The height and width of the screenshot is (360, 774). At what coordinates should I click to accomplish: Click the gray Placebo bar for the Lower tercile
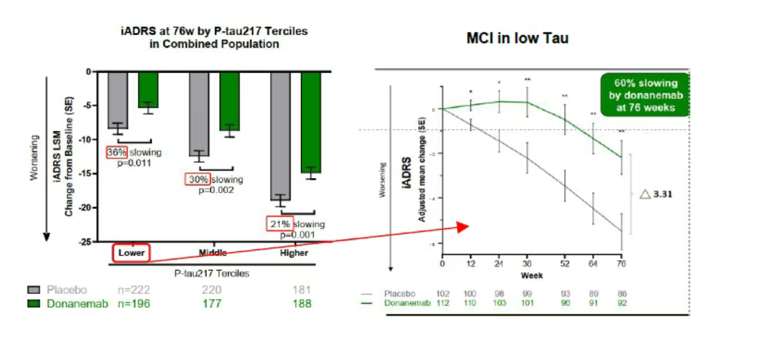pos(118,99)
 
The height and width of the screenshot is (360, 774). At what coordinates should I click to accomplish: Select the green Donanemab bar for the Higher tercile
pos(311,122)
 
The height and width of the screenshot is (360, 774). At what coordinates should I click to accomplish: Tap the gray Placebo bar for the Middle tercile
pos(200,113)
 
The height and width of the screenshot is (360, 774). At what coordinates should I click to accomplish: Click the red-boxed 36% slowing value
pos(116,152)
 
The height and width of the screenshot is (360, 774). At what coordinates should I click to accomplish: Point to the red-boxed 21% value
pos(279,224)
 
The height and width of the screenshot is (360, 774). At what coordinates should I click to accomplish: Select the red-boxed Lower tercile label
pos(131,252)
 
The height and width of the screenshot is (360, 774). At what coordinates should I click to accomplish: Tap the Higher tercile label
pos(289,252)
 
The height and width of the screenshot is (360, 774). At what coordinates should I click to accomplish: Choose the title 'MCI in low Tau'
pos(517,38)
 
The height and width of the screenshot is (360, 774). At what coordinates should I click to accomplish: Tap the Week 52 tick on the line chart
pos(564,263)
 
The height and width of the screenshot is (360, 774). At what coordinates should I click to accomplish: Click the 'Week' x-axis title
pos(532,274)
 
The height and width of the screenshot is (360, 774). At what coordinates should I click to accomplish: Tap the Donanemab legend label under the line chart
pos(406,302)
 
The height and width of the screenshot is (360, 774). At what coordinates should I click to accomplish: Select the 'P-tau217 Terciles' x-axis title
pos(212,273)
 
